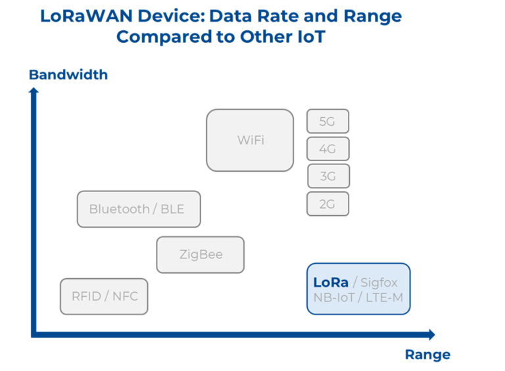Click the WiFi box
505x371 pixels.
250,140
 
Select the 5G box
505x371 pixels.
327,122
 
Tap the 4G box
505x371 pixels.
327,149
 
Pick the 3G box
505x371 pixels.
327,176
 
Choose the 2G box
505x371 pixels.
327,204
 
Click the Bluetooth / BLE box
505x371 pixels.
138,209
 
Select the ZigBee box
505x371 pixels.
201,255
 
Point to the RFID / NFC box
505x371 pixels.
105,296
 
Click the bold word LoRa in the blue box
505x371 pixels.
331,282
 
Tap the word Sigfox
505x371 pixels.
379,283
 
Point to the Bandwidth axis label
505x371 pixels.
68,75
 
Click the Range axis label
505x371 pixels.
427,355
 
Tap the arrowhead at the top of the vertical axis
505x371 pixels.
34,89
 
